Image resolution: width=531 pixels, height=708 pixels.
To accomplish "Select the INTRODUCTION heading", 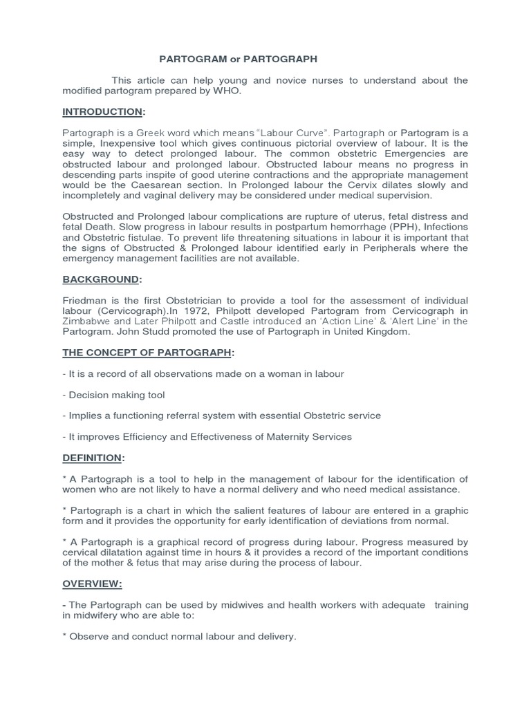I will point(103,111).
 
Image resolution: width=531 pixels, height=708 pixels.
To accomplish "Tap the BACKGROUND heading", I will point(102,279).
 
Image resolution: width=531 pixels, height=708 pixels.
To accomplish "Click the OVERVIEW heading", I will point(93,584).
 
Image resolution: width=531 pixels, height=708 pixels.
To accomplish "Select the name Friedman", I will point(84,300).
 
